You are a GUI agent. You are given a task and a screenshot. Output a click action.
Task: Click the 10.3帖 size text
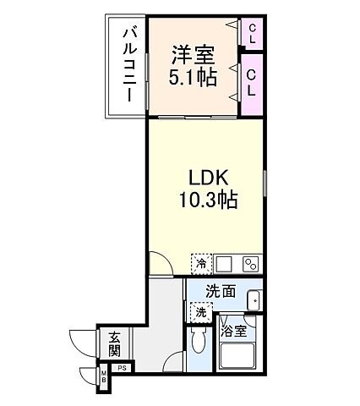coord(206,200)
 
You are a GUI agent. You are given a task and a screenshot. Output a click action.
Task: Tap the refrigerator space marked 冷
coord(201,264)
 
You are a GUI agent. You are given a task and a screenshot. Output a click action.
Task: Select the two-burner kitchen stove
coord(249,263)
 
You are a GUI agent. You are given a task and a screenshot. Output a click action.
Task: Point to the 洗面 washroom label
coord(221,292)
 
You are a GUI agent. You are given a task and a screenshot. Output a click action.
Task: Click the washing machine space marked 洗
coord(201,312)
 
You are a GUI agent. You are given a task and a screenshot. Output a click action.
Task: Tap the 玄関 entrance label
coord(115,343)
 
